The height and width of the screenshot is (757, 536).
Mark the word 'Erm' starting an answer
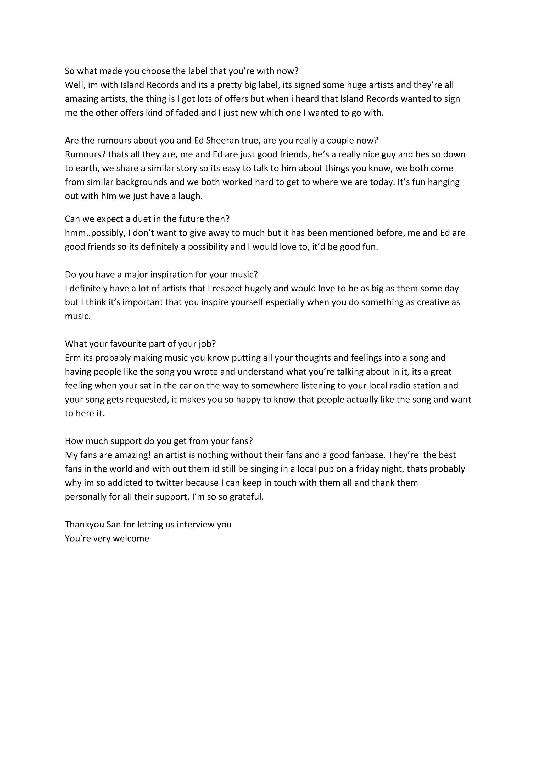pyautogui.click(x=72, y=358)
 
